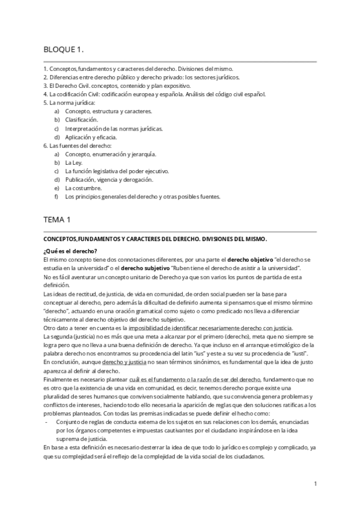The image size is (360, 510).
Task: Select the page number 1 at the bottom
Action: click(315, 483)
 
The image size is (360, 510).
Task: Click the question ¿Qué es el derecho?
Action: click(70, 251)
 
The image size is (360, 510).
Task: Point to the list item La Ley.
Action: click(74, 162)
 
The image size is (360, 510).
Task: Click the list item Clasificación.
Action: click(81, 120)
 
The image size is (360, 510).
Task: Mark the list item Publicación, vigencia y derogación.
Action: click(109, 179)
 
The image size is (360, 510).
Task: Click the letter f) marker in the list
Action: click(56, 196)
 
